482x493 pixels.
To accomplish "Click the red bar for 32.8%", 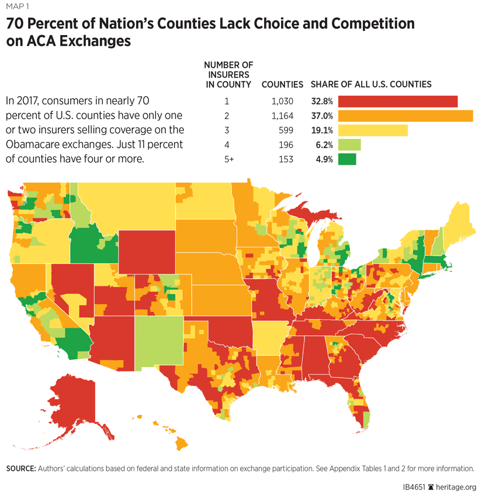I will pyautogui.click(x=397, y=102).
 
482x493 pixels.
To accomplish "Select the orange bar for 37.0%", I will pyautogui.click(x=405, y=116).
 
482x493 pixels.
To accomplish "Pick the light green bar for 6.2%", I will pyautogui.click(x=349, y=145).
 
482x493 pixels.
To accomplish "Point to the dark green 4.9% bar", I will pyautogui.click(x=346, y=159).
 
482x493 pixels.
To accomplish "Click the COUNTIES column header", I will pyautogui.click(x=282, y=85).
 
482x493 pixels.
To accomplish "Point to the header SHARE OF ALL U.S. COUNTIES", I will pyautogui.click(x=371, y=85).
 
